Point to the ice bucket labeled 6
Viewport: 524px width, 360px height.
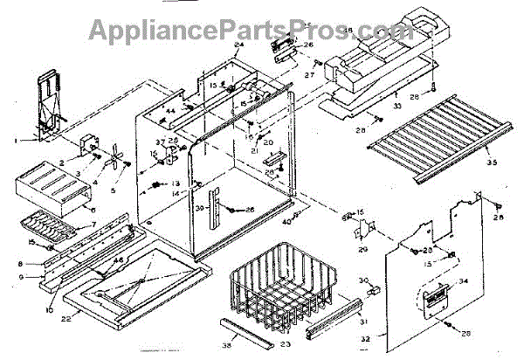click(44, 188)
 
